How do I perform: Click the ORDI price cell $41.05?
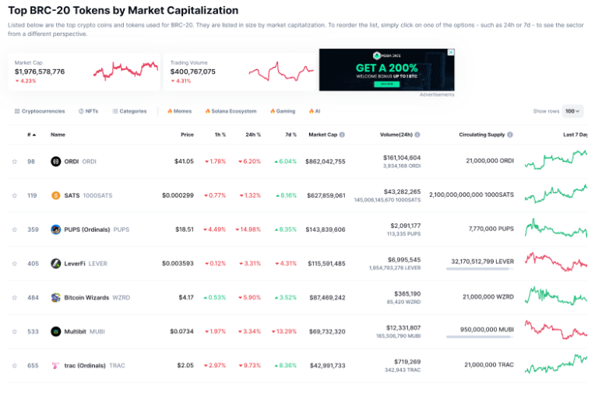[x=183, y=162]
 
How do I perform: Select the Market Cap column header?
[x=322, y=135]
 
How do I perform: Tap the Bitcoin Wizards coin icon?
[x=56, y=297]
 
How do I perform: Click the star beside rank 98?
[x=14, y=162]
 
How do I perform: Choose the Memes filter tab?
[x=179, y=111]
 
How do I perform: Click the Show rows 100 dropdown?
[x=573, y=111]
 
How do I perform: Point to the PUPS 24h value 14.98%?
[x=249, y=230]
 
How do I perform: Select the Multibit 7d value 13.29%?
[x=285, y=331]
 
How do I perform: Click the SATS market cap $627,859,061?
[x=326, y=195]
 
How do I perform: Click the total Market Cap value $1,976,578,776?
[x=40, y=72]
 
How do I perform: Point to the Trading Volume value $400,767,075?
[x=192, y=72]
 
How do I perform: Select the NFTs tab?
[x=88, y=111]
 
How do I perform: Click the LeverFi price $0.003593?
[x=178, y=264]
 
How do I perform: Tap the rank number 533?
[x=32, y=331]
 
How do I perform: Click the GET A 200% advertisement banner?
[x=386, y=69]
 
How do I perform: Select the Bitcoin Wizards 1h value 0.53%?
[x=215, y=297]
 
